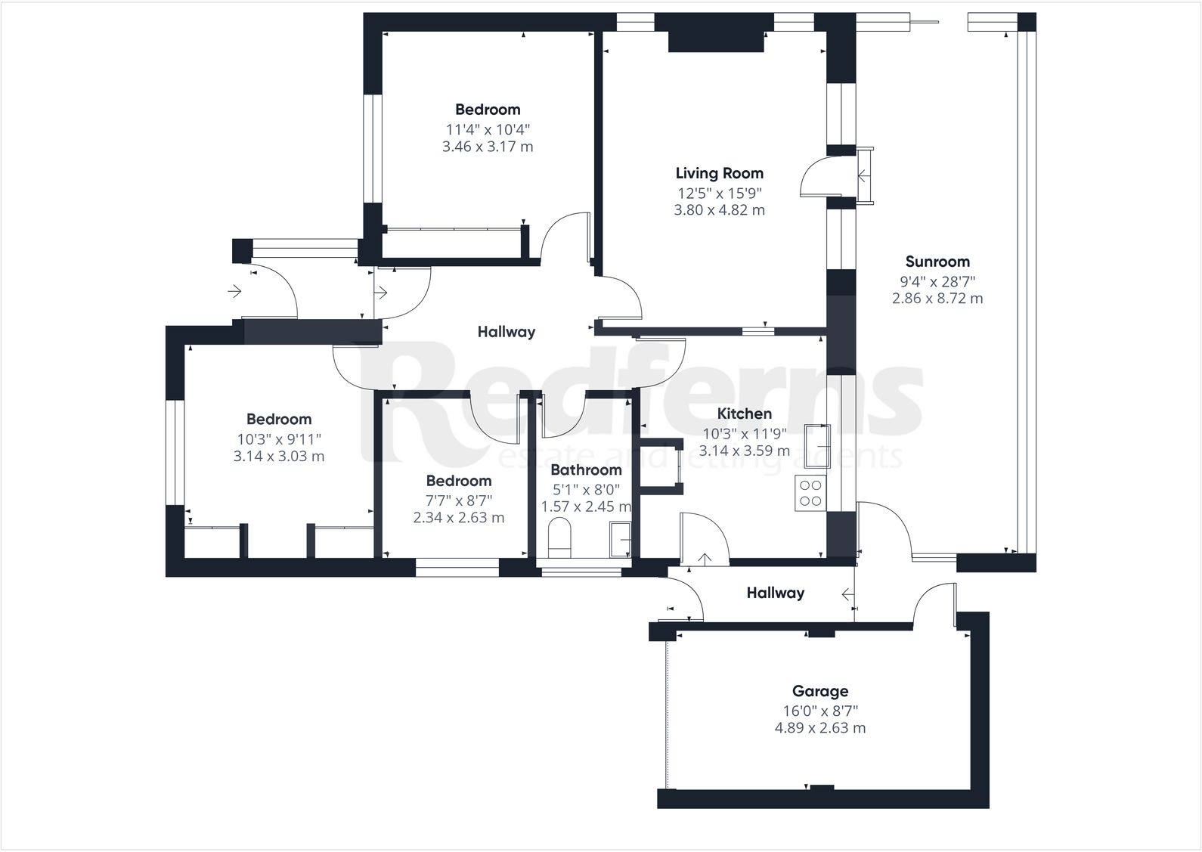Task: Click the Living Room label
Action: point(719,173)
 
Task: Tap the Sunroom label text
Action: point(937,262)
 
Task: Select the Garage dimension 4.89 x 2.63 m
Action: point(820,728)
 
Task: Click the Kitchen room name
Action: point(745,414)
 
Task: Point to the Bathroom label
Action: point(586,469)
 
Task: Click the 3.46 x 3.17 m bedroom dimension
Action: point(488,147)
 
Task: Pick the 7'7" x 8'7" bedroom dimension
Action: point(459,500)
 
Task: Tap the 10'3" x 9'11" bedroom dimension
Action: point(279,439)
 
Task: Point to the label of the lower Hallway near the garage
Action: point(776,593)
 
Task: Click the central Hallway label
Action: point(507,331)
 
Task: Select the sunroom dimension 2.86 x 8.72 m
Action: point(937,298)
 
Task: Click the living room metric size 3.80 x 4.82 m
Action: point(719,210)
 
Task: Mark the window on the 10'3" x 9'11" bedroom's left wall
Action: point(175,452)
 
